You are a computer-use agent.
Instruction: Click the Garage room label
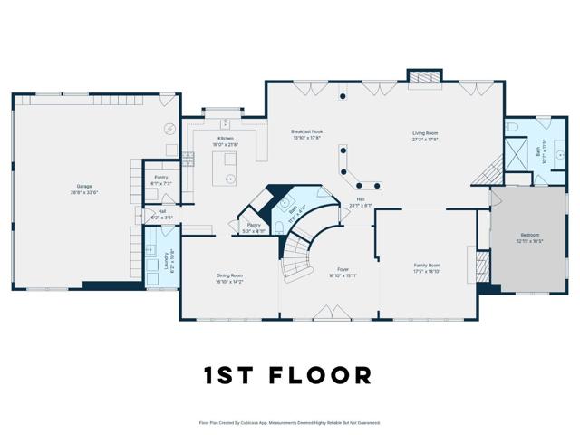pyautogui.click(x=83, y=188)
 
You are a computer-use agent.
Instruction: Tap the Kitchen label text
pyautogui.click(x=225, y=141)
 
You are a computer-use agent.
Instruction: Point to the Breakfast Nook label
pyautogui.click(x=306, y=134)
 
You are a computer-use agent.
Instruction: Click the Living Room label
pyautogui.click(x=425, y=135)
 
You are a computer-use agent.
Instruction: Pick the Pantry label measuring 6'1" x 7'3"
pyautogui.click(x=161, y=179)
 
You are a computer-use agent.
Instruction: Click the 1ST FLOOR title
pyautogui.click(x=289, y=375)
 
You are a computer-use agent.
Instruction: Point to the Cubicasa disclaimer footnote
pyautogui.click(x=289, y=422)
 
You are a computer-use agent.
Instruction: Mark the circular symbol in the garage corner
pyautogui.click(x=169, y=128)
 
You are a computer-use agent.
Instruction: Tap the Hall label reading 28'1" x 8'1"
pyautogui.click(x=360, y=202)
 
